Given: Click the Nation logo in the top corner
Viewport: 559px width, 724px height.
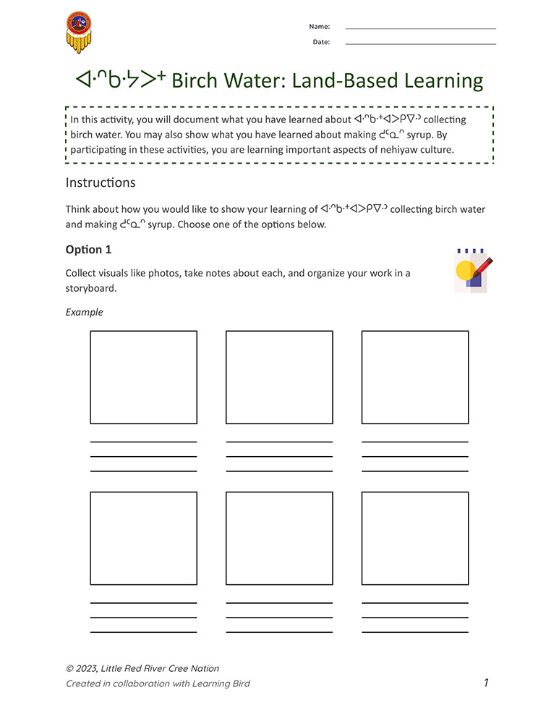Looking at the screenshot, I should coord(79,32).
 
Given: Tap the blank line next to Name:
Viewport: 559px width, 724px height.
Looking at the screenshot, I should coord(421,28).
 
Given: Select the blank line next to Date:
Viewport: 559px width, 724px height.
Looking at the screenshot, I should coord(421,44).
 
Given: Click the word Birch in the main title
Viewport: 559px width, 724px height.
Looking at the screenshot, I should coord(197,81).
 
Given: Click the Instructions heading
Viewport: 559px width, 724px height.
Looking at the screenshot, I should coord(101,182).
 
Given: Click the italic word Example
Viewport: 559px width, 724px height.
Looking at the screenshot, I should coord(85,312).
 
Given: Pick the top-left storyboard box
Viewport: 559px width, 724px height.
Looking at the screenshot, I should coord(143,377).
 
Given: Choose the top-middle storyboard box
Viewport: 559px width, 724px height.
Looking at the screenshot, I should coord(279,377).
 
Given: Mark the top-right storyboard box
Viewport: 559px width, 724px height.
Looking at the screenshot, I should coord(415,377).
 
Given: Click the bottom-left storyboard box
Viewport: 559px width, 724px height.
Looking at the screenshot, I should coord(143,539).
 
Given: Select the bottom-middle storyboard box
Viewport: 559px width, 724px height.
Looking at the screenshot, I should coord(279,539).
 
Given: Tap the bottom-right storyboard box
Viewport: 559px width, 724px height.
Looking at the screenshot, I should coord(415,539).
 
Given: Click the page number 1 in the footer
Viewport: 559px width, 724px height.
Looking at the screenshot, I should coord(487,683).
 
